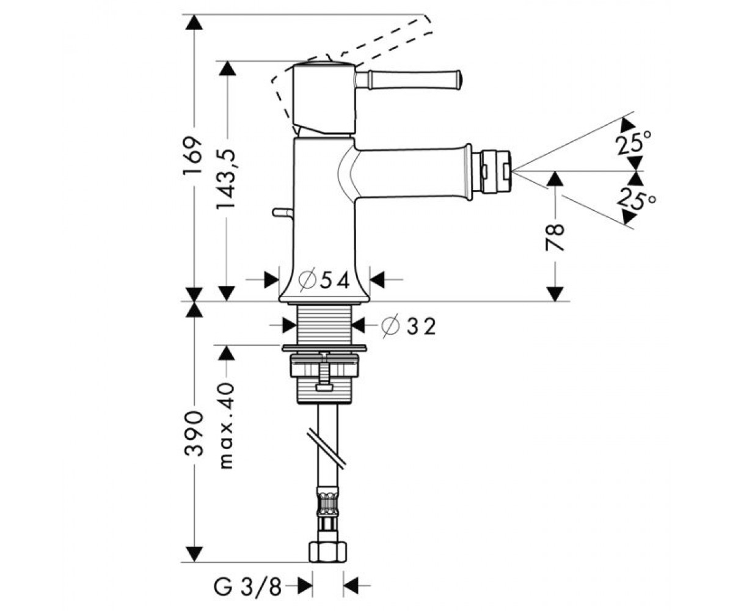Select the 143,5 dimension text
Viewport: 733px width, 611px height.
[x=225, y=180]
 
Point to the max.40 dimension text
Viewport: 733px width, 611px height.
[x=227, y=425]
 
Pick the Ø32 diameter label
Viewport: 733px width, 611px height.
[x=408, y=327]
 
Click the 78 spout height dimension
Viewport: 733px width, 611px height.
[x=555, y=238]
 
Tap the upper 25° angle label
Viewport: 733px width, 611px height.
[x=633, y=142]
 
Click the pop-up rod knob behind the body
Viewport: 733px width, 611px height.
[x=283, y=213]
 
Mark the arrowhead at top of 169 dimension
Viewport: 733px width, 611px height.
[x=194, y=22]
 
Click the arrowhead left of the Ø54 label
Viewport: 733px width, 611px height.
[x=272, y=279]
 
